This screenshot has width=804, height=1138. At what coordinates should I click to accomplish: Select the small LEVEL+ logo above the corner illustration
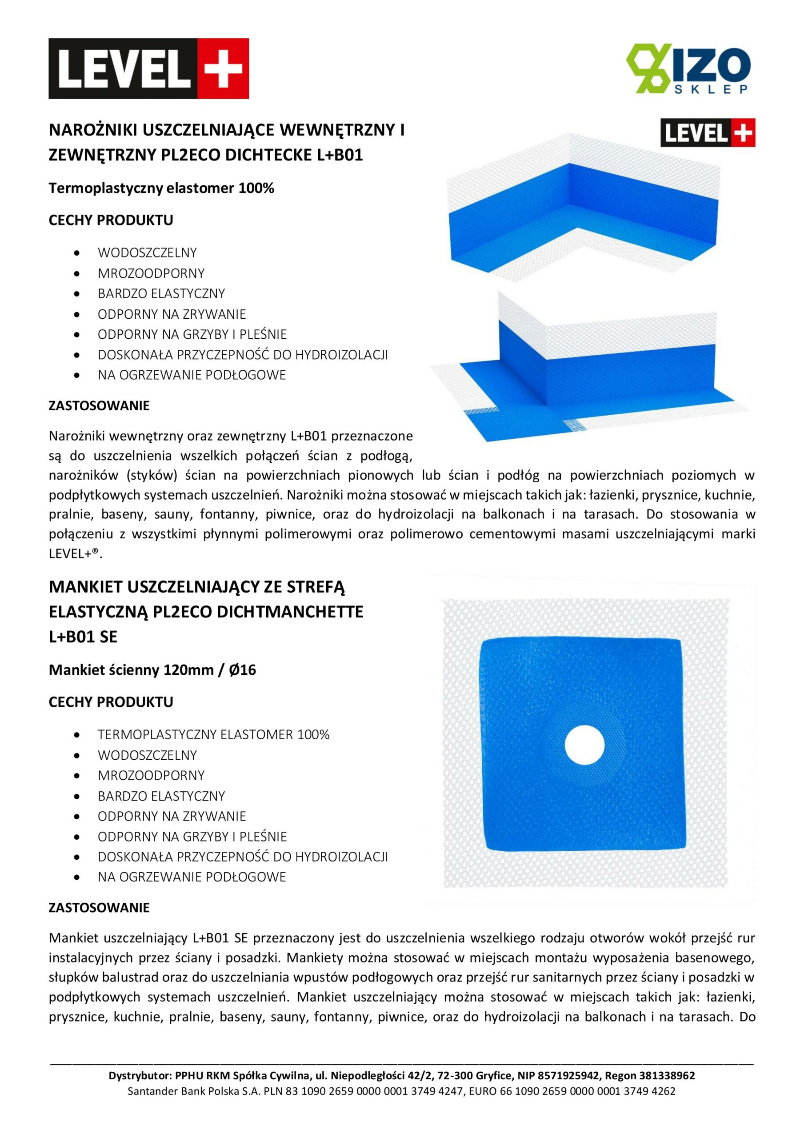click(708, 133)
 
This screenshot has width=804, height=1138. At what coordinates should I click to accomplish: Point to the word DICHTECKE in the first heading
click(269, 155)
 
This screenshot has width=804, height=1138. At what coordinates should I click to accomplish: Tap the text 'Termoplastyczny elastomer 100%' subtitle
click(161, 188)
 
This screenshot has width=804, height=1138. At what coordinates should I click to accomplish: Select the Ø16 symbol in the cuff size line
click(242, 670)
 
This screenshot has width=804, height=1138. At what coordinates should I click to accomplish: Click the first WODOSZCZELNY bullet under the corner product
click(147, 253)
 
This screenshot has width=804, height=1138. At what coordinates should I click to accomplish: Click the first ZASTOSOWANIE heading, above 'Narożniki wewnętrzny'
click(99, 406)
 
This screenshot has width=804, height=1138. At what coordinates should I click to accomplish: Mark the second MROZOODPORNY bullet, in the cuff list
click(151, 775)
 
